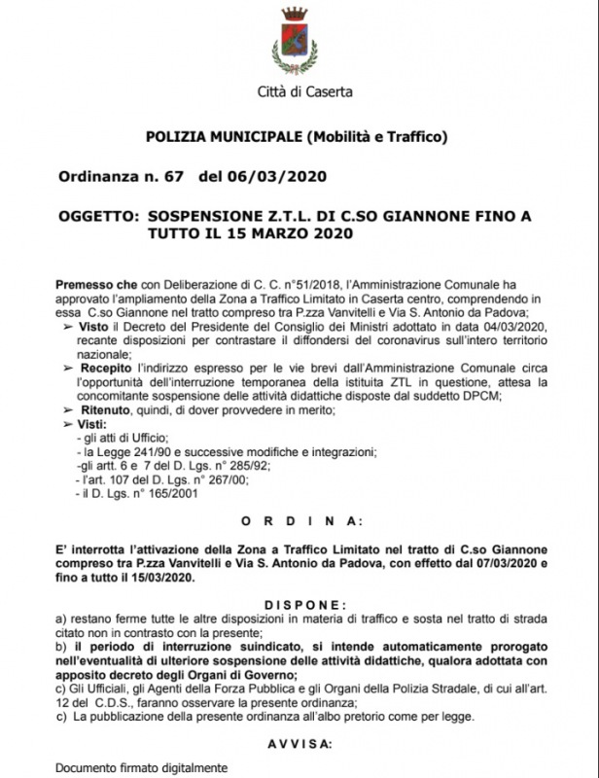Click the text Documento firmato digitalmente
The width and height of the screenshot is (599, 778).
(x=128, y=767)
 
